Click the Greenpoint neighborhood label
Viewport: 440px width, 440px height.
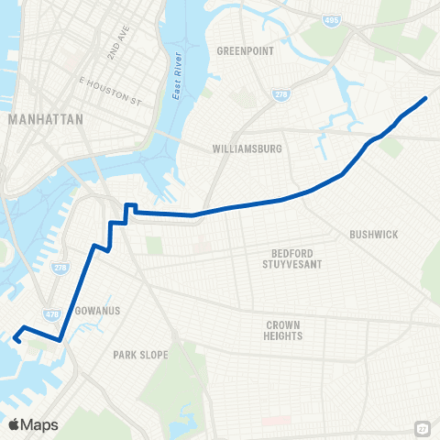click(245, 51)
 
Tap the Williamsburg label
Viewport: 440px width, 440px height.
click(247, 148)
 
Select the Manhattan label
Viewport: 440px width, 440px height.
click(45, 119)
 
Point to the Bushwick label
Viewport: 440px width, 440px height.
click(373, 235)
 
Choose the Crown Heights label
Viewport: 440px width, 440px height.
click(284, 330)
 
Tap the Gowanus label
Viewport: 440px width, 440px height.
click(95, 311)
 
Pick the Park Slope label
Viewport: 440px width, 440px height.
click(137, 354)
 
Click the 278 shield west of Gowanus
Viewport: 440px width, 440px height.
click(59, 268)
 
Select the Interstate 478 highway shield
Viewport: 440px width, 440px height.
click(52, 313)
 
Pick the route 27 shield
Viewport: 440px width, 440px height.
click(421, 428)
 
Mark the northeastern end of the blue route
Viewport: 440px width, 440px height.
click(426, 98)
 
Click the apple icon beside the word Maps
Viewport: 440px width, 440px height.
click(14, 423)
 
